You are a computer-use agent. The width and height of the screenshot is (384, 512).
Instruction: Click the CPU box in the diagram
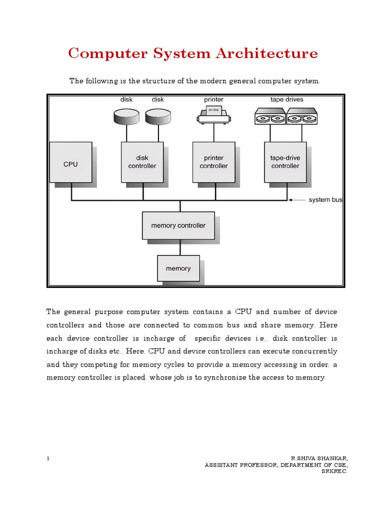click(70, 162)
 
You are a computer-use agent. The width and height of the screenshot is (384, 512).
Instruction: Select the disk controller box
click(142, 162)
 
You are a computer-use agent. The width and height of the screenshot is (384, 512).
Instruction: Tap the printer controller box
click(213, 162)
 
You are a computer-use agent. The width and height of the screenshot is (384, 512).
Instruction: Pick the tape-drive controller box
click(285, 162)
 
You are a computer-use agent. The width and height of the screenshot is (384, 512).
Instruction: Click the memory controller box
click(178, 225)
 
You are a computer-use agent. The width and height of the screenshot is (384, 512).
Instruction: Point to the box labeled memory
click(178, 268)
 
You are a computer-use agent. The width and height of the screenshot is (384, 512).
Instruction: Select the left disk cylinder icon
click(126, 117)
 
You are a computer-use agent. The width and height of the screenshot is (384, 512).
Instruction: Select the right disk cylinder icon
click(158, 117)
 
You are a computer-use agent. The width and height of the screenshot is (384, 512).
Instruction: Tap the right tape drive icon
click(301, 116)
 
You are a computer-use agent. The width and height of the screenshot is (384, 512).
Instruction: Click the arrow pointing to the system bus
click(297, 200)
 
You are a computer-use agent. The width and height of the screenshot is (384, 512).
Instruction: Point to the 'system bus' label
click(325, 200)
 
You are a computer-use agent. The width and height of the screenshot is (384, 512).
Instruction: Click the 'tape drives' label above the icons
click(286, 99)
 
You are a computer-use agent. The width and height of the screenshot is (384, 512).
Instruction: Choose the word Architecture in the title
click(268, 53)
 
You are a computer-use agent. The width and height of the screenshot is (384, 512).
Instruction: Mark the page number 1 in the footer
click(47, 458)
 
